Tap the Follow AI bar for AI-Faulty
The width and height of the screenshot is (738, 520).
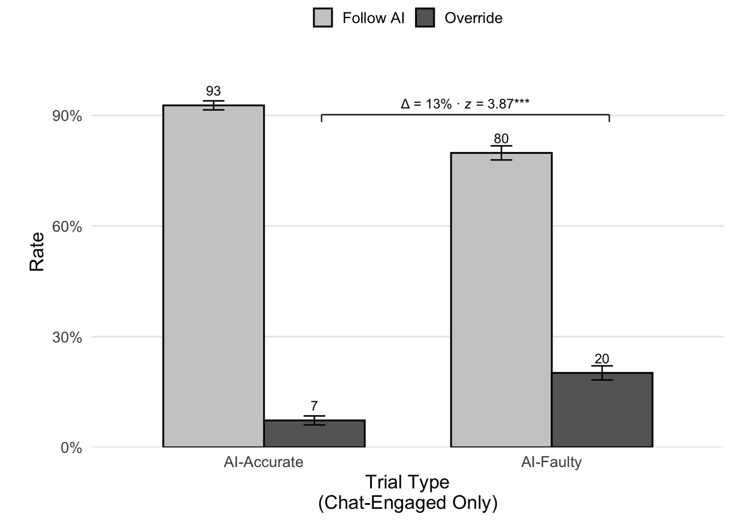point(501,299)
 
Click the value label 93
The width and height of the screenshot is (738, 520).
point(213,91)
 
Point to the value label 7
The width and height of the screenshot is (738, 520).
point(314,406)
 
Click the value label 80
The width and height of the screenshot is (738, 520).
point(501,139)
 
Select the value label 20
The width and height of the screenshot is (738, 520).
point(602,359)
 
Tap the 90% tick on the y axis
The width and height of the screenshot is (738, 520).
point(67,116)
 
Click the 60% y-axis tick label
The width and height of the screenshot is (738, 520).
point(67,227)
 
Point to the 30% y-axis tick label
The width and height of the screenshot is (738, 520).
point(67,337)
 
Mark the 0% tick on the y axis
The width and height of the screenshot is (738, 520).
point(71,448)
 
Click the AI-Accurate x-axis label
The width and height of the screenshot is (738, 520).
point(263,462)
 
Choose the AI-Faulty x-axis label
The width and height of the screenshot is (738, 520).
point(551,462)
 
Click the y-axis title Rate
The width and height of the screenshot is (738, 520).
point(37,252)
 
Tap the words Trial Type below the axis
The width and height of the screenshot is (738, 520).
point(407,482)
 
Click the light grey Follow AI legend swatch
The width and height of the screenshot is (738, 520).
point(323,18)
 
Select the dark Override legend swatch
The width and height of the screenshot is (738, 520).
point(425,18)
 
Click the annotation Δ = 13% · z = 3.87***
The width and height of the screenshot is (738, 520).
point(465,104)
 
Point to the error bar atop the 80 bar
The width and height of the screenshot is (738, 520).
point(501,153)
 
